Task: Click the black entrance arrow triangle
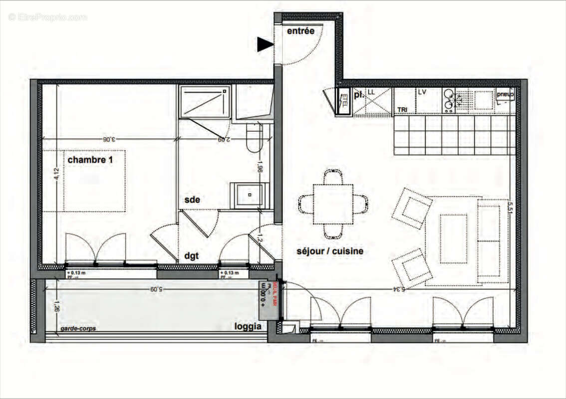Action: pyautogui.click(x=265, y=45)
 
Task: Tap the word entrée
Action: pyautogui.click(x=300, y=31)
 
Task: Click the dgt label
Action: pyautogui.click(x=191, y=255)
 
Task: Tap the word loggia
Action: pyautogui.click(x=248, y=327)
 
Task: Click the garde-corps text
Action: pyautogui.click(x=78, y=329)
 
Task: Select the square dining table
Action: pyautogui.click(x=333, y=204)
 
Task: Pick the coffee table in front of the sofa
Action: pyautogui.click(x=453, y=231)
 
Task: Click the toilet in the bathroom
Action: pyautogui.click(x=254, y=139)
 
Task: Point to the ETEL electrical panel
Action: pyautogui.click(x=343, y=102)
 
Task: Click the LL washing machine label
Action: pyautogui.click(x=371, y=93)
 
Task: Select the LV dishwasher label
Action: pyautogui.click(x=422, y=93)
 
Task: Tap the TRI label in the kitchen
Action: pyautogui.click(x=402, y=109)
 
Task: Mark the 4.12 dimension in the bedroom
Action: pyautogui.click(x=57, y=176)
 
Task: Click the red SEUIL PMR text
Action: pyautogui.click(x=275, y=293)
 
